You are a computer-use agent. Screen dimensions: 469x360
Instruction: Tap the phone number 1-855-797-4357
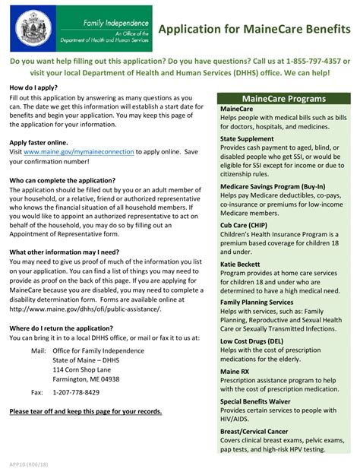tap(313, 60)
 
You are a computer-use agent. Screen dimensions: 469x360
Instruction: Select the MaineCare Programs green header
tap(283, 99)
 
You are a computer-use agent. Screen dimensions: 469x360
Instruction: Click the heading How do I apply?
tap(33, 88)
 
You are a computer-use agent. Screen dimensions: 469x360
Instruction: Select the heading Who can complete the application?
tap(62, 180)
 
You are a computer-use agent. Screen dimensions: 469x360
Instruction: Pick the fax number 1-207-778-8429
tap(75, 392)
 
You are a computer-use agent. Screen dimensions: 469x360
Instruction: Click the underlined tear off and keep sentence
tap(86, 411)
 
